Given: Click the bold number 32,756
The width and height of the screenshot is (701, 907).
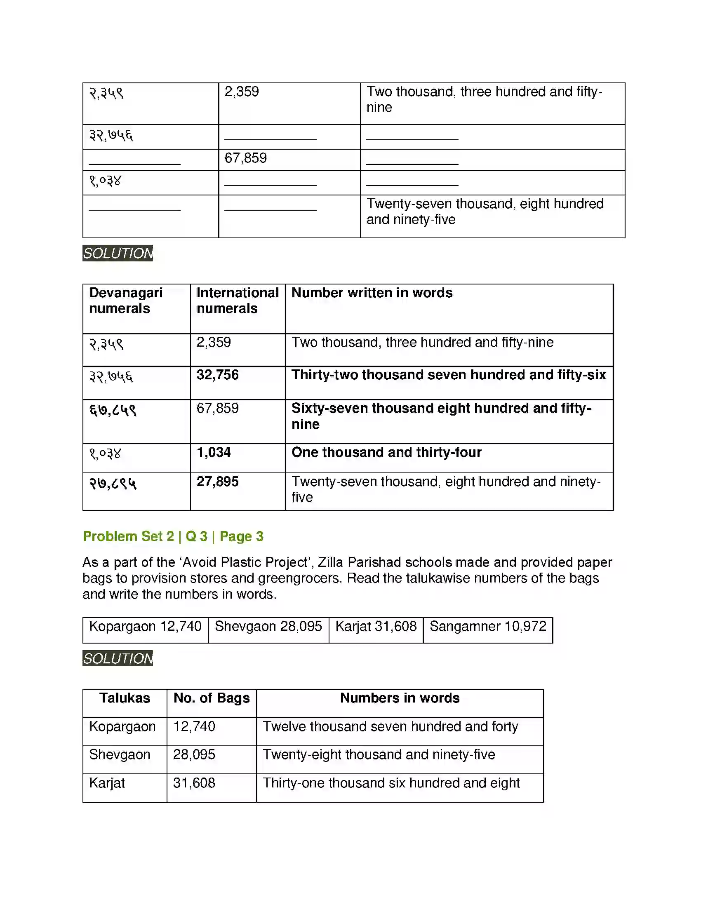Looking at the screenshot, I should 218,375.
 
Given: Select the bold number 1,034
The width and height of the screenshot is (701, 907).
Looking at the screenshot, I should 214,452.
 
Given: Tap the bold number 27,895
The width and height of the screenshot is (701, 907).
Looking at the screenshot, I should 218,482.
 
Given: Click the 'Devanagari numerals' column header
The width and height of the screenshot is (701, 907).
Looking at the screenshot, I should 125,301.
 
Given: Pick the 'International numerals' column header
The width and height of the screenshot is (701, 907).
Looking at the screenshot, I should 238,301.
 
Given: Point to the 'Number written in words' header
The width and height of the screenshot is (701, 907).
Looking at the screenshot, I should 372,293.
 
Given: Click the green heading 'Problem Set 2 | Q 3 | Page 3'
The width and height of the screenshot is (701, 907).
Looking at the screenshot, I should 173,536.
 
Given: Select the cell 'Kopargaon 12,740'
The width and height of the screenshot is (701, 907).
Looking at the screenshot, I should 145,626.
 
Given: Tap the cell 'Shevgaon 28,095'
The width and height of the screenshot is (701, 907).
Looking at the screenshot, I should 268,626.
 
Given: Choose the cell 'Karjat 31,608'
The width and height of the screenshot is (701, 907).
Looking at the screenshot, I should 376,626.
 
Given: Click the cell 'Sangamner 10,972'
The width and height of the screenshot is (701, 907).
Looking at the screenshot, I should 488,626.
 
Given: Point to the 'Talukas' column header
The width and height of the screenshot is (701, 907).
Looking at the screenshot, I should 125,698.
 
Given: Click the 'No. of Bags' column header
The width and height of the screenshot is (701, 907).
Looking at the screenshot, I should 212,698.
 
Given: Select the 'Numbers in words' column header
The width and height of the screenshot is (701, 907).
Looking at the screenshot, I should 400,698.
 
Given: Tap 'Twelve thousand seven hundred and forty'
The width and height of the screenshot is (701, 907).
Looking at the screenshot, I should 390,726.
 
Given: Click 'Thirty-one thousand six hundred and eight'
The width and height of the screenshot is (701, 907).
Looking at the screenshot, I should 391,783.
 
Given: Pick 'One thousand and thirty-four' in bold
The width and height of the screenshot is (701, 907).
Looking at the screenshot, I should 386,452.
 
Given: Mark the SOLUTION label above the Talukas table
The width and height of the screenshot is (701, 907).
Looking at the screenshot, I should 118,659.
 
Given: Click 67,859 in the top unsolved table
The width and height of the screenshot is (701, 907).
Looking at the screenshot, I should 245,158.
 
